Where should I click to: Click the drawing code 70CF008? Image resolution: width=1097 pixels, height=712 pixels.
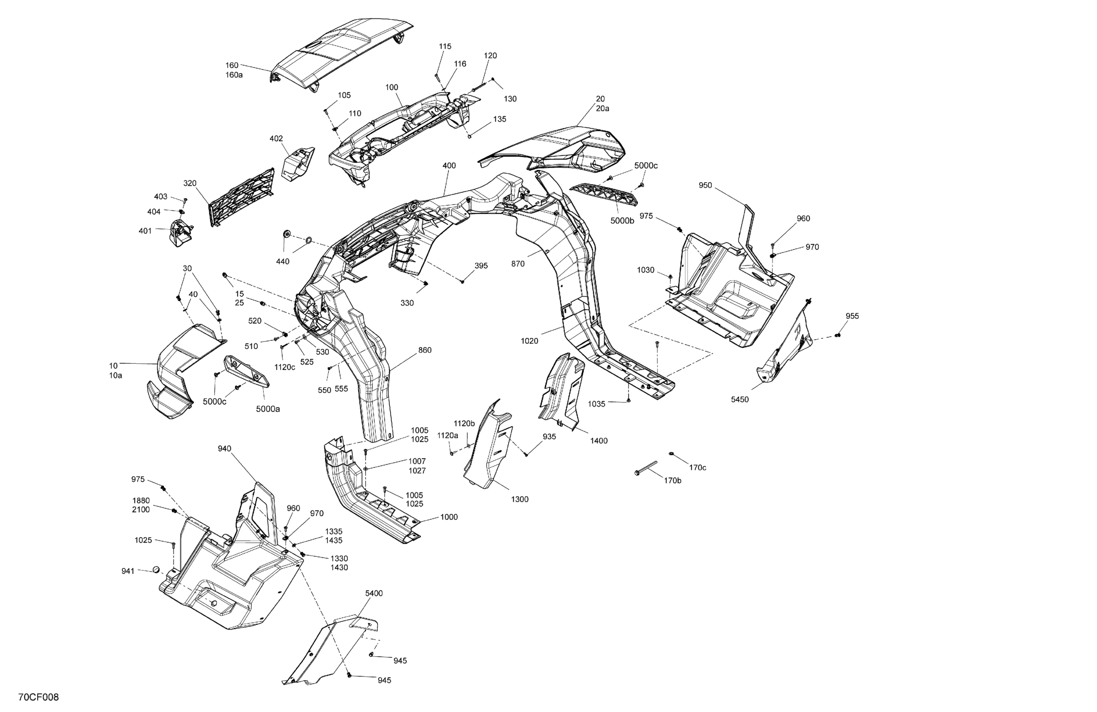coord(39,697)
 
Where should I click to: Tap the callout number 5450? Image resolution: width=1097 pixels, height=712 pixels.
coord(740,400)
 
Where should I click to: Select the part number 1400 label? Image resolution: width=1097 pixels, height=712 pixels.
coord(599,441)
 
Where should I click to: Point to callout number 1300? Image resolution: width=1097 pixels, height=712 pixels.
coord(520,499)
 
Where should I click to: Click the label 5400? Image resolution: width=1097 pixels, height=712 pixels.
coord(374,593)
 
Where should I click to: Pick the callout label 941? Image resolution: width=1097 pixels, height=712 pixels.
coord(128,571)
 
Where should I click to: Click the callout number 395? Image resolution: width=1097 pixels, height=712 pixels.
coord(481,266)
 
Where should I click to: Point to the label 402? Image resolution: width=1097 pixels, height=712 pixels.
coord(276,139)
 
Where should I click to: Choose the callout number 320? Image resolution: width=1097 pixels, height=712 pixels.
coord(190,183)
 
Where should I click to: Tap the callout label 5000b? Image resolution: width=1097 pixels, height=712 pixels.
coord(622,221)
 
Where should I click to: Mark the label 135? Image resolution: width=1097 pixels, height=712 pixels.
coord(500,119)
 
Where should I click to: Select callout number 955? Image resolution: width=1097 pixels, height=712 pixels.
coord(852,316)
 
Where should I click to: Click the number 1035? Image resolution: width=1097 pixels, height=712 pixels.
coord(597,404)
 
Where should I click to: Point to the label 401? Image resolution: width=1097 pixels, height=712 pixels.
coord(145,231)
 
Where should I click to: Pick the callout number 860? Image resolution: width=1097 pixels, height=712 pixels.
coord(425,350)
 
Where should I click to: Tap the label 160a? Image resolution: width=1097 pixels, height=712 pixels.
coord(234,75)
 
